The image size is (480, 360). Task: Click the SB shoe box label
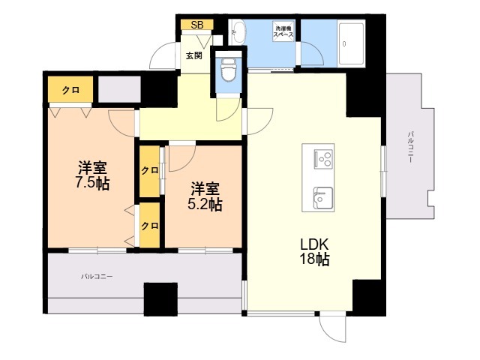point(197,25)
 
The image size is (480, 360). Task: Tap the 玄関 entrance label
point(194,55)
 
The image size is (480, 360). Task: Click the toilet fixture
point(228,70)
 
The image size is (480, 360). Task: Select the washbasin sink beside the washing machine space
point(238,31)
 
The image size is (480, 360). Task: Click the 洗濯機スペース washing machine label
point(283,31)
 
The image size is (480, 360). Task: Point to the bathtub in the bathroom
point(352,43)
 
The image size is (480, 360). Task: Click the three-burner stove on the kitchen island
point(324,159)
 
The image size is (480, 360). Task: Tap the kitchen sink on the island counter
point(323,199)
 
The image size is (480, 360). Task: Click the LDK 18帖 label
point(315,252)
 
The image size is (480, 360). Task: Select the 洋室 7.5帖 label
point(92,175)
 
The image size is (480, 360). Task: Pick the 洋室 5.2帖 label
point(205,196)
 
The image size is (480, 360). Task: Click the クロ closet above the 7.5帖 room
point(70,90)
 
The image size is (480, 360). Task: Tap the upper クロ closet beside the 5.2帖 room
point(149,171)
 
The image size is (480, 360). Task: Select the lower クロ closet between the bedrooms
point(149,226)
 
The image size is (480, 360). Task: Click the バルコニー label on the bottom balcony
point(97,277)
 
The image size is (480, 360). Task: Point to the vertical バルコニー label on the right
point(410,147)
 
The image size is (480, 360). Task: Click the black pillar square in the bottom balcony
point(160,299)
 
